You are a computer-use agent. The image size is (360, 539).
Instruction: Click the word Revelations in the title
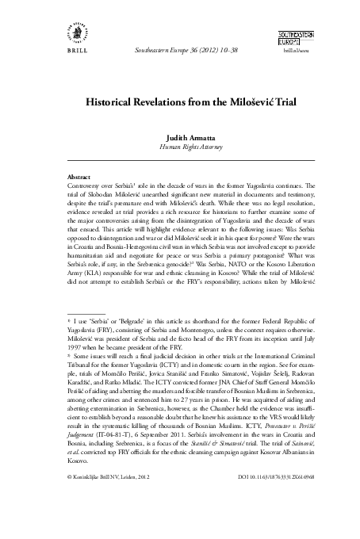click(159, 103)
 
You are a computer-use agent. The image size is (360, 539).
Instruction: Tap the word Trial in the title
click(251, 103)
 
